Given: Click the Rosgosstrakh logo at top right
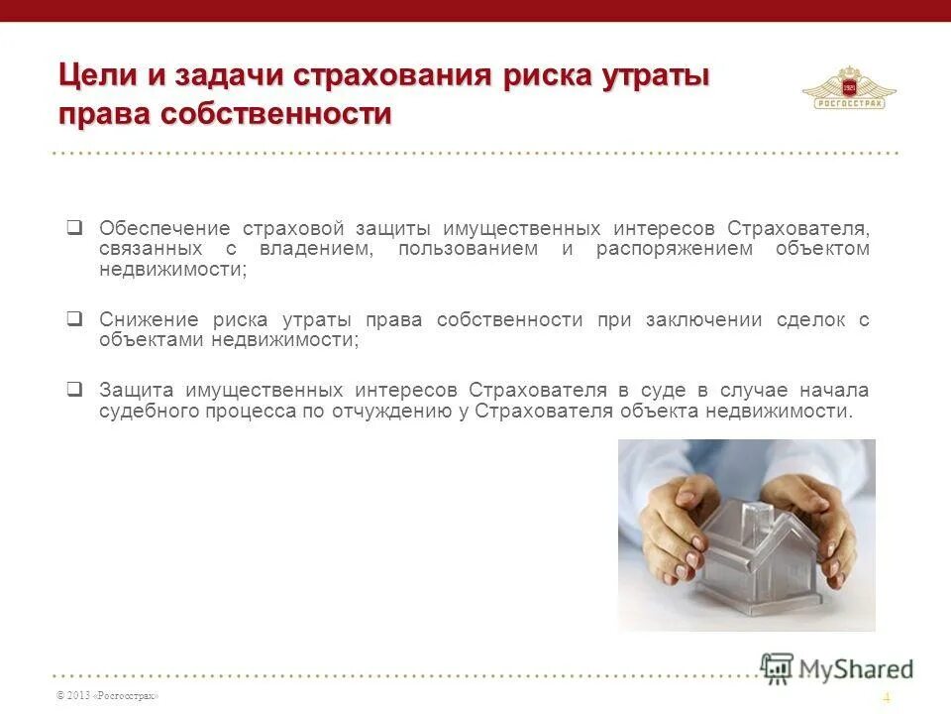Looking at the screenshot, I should pyautogui.click(x=849, y=88).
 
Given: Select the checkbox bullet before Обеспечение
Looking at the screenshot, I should pyautogui.click(x=74, y=227).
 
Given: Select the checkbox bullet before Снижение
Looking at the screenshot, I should pyautogui.click(x=74, y=319).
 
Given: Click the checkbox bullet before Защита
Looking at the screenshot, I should pyautogui.click(x=74, y=389).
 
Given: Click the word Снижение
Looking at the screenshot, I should pyautogui.click(x=148, y=319).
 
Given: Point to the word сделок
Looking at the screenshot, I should pyautogui.click(x=818, y=319).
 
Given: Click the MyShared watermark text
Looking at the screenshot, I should pyautogui.click(x=854, y=668).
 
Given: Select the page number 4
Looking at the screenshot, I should pyautogui.click(x=887, y=697).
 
